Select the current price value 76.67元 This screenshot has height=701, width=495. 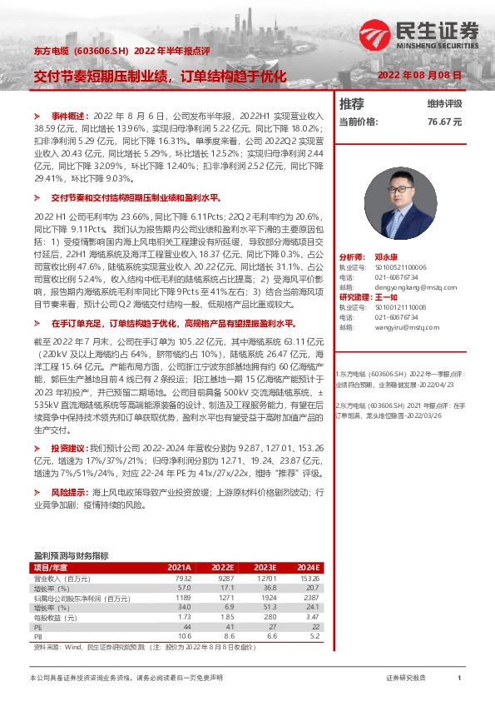(x=444, y=121)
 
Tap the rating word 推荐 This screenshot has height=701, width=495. (x=352, y=104)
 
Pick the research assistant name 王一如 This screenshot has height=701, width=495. (x=393, y=296)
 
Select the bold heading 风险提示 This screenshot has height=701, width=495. (x=69, y=492)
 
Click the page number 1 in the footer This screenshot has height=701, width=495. (x=459, y=679)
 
